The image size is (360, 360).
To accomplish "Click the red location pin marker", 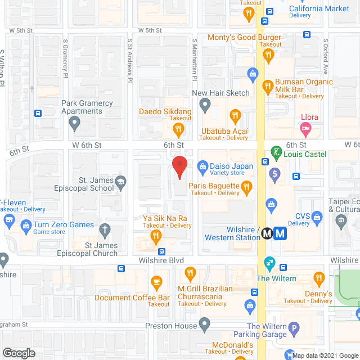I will [179, 167].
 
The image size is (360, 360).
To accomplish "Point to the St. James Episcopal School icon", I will [120, 181].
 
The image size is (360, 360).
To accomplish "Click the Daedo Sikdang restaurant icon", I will [178, 130].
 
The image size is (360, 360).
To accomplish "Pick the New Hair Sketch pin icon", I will [205, 105].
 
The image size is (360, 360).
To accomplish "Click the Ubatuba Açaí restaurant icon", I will [235, 116].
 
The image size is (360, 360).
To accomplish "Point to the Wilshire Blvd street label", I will [161, 261].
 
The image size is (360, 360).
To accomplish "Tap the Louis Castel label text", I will [305, 154].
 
